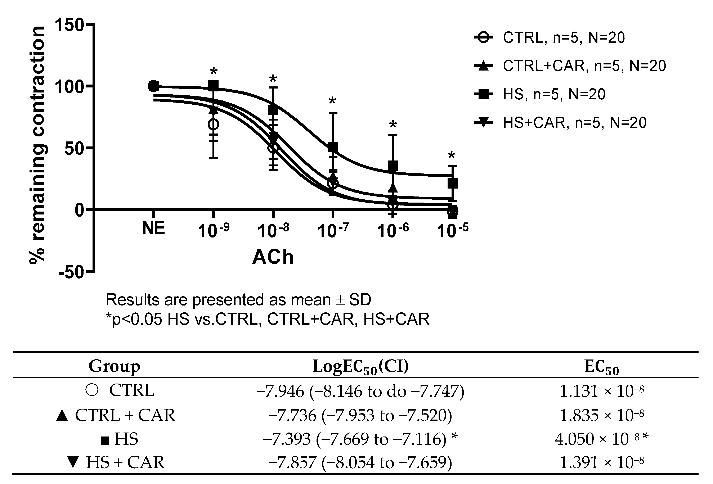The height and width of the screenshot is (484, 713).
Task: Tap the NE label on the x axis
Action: point(153,228)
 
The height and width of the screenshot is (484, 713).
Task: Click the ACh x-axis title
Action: point(273,257)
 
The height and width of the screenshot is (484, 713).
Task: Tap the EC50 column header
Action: point(601,367)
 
